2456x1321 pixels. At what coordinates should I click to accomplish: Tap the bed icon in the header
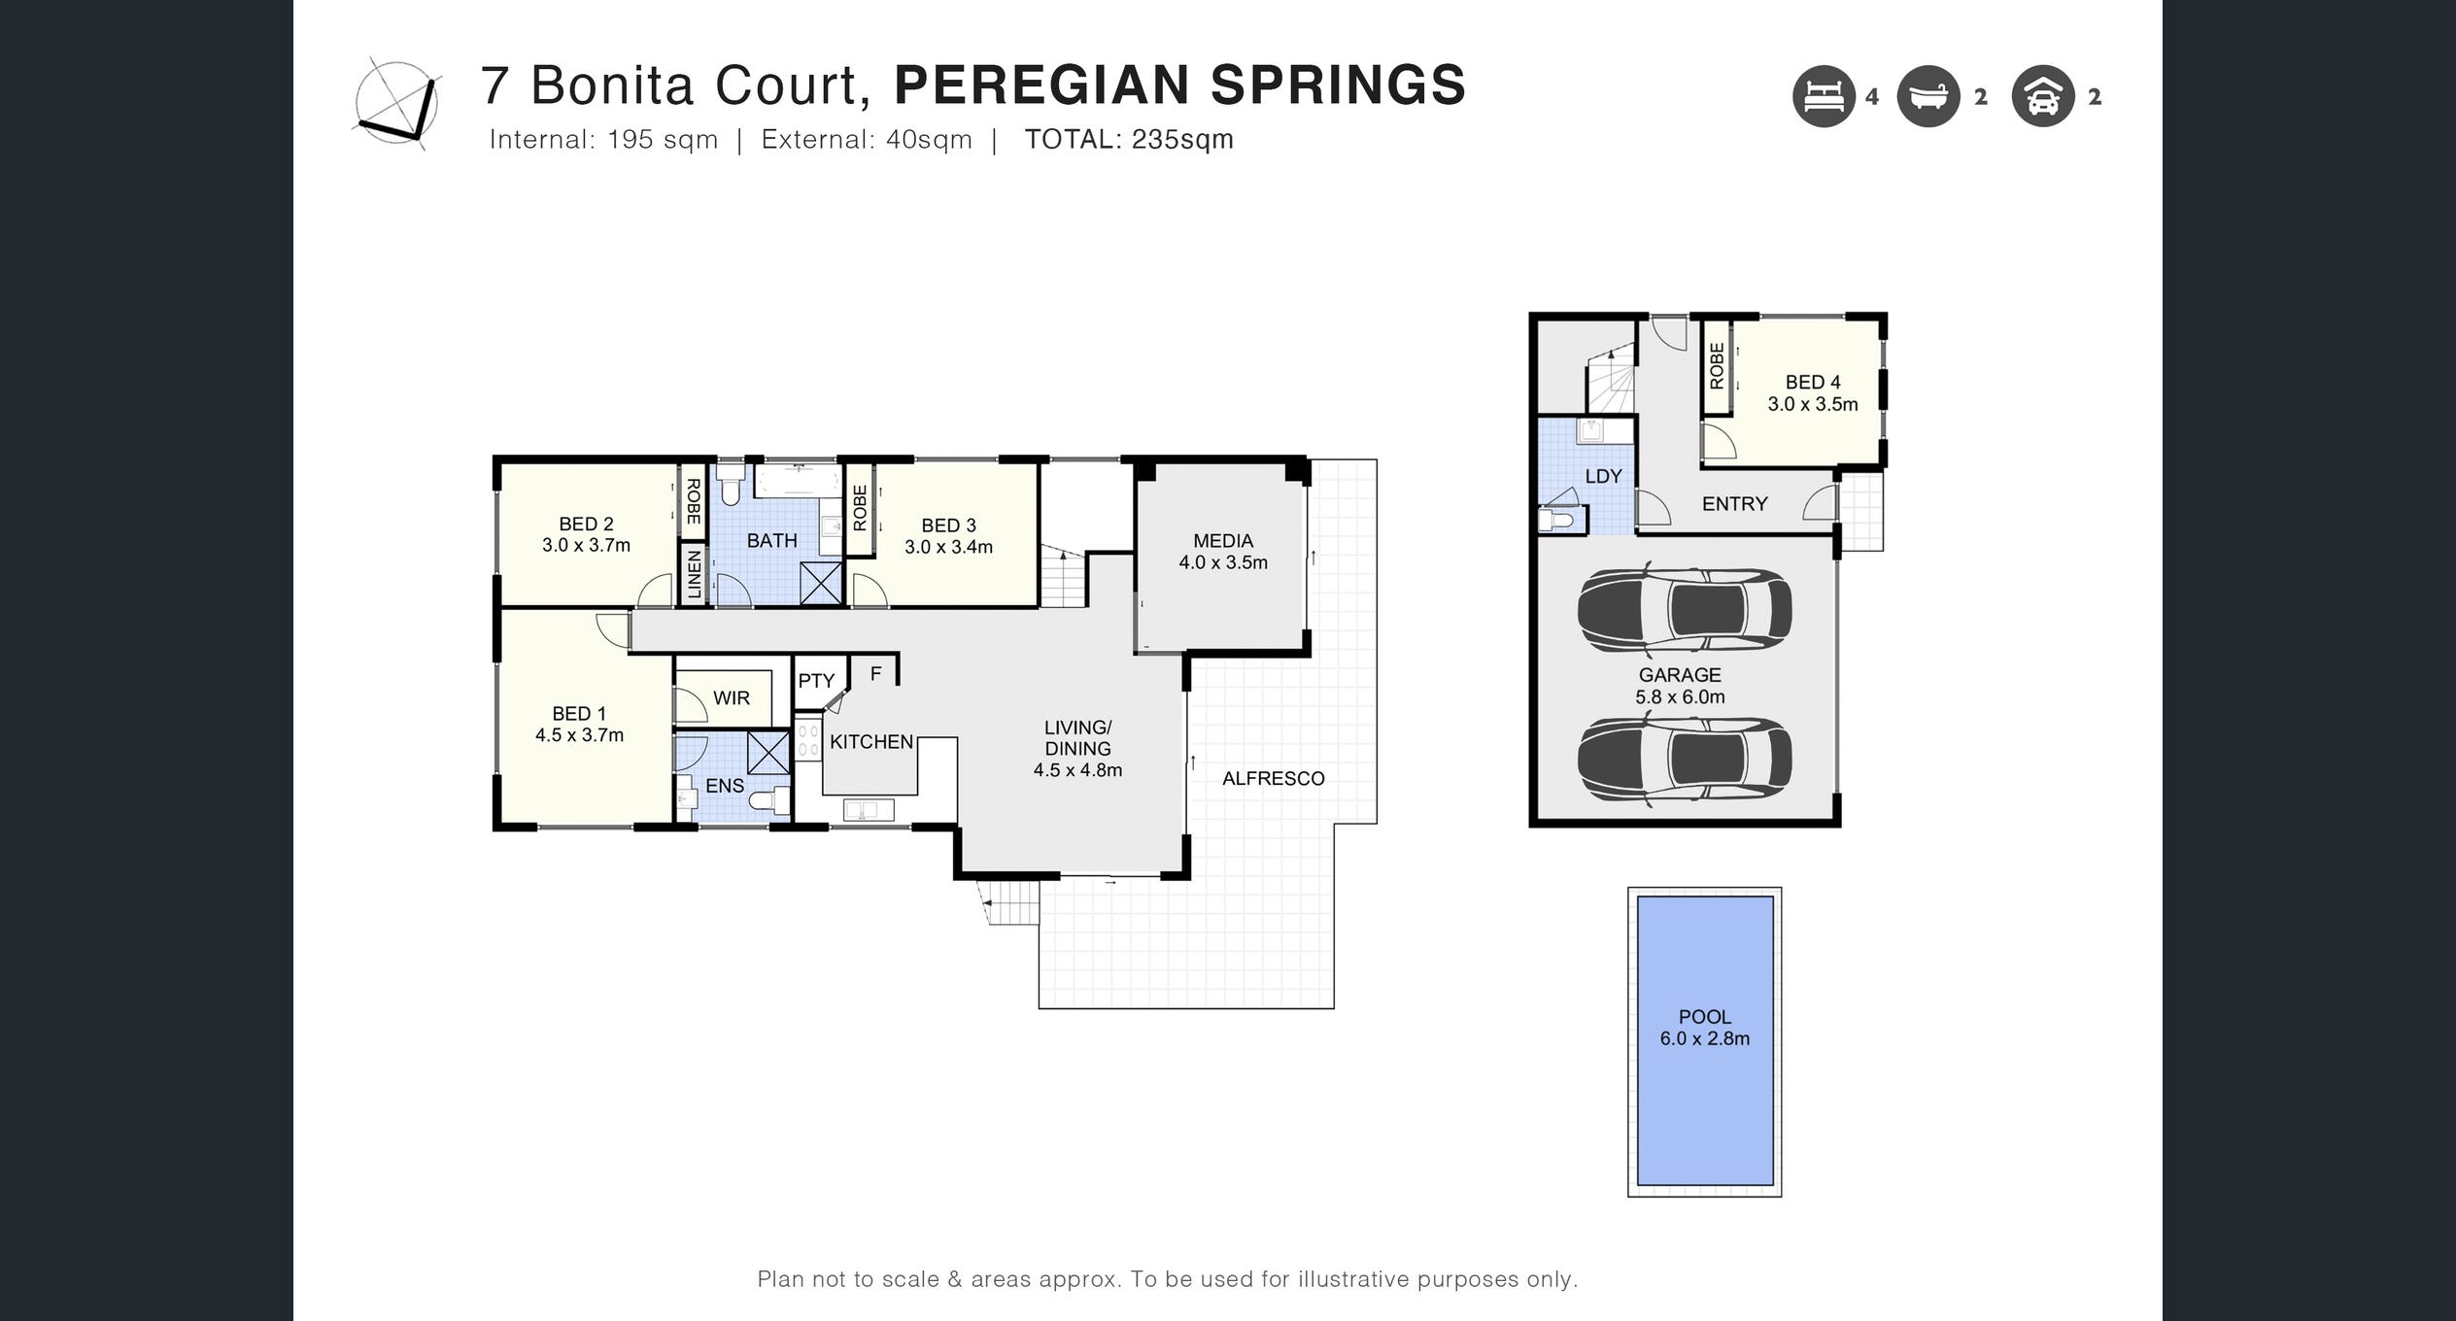pos(1824,96)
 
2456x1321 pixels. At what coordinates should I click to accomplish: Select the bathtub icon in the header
pos(1928,96)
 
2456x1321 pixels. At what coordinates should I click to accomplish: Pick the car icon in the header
pos(2043,96)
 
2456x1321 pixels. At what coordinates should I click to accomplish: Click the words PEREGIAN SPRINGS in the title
pos(1179,85)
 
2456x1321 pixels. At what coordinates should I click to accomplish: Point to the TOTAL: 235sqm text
pos(1129,140)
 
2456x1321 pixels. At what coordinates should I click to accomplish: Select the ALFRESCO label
pos(1273,778)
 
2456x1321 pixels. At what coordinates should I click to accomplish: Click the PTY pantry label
pos(816,681)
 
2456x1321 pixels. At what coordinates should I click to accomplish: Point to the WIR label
pos(731,697)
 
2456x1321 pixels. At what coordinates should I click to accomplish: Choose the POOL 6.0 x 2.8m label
pos(1705,1027)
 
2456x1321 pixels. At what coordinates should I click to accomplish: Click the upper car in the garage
pos(1685,609)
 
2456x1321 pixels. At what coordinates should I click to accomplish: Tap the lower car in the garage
pos(1685,759)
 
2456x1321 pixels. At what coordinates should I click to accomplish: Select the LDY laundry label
pos(1603,476)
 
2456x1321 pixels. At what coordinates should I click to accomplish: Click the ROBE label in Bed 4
pos(1717,366)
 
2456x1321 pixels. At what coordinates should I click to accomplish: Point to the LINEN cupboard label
pos(694,573)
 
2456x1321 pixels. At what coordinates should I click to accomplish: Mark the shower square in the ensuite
pos(768,754)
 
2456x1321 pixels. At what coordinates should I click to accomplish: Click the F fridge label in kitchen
pos(875,673)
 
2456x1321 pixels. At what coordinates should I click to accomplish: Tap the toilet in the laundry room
pos(1557,521)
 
